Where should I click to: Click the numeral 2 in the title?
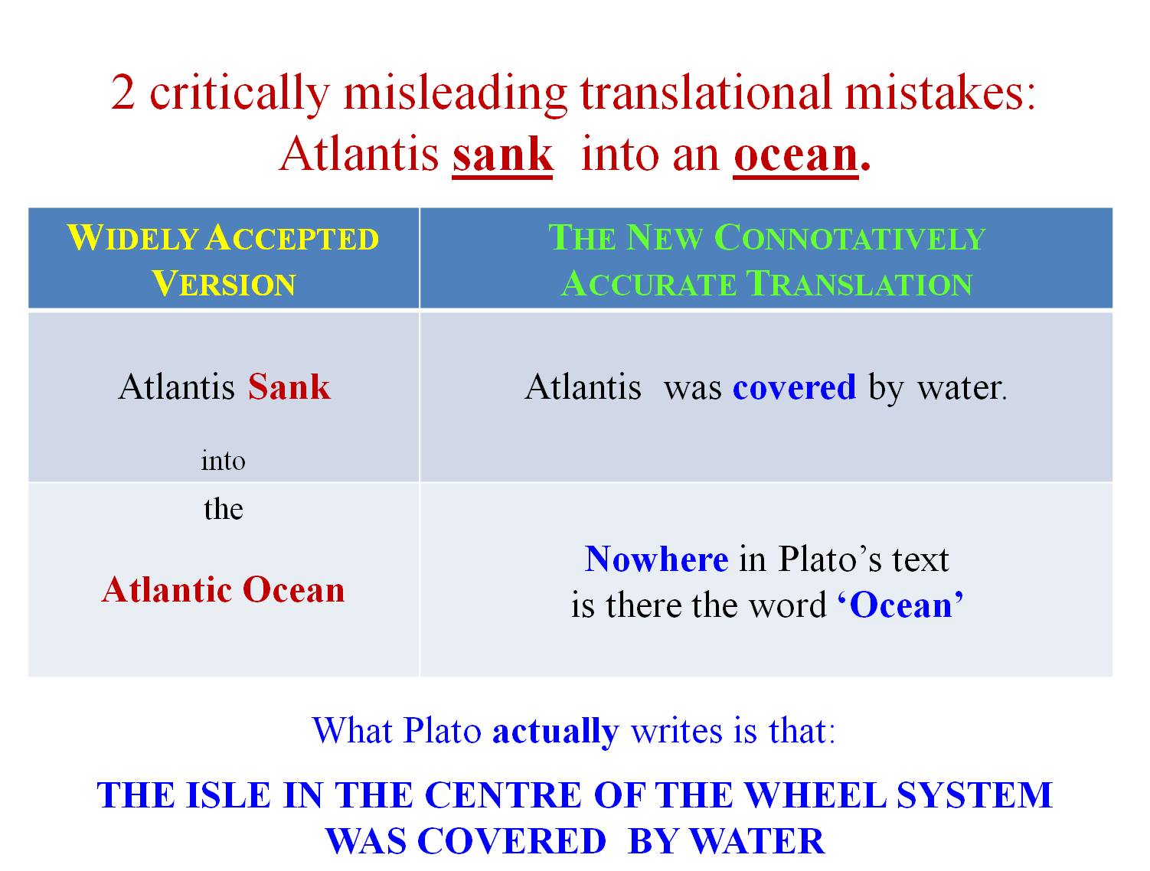point(123,92)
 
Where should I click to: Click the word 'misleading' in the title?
point(455,94)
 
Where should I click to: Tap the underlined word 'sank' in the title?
point(502,155)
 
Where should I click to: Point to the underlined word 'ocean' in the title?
point(796,155)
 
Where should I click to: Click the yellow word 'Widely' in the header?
point(132,238)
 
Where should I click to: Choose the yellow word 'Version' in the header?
point(224,283)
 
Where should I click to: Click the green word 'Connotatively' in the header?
point(850,238)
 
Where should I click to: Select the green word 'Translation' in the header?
point(859,283)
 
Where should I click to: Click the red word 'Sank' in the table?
point(289,387)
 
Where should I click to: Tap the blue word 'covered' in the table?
point(794,387)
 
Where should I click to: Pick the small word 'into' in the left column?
point(224,461)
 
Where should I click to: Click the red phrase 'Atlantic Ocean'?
point(224,590)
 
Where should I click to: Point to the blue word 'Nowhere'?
point(656,559)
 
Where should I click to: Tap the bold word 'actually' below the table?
point(555,731)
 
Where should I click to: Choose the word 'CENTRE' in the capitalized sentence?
point(503,795)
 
